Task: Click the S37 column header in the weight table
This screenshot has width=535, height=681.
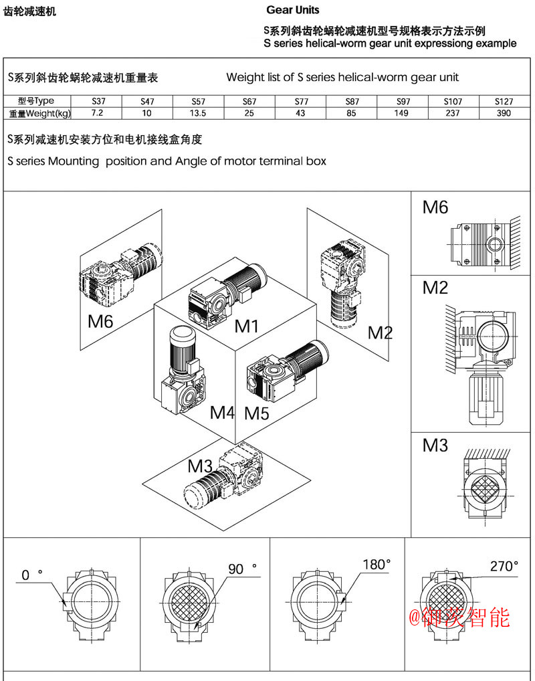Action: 98,102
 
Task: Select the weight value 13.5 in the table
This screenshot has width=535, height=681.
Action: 198,113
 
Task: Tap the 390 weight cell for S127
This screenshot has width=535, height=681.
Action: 504,113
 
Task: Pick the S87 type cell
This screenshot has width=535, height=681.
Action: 352,102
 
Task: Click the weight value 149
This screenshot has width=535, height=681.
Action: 402,113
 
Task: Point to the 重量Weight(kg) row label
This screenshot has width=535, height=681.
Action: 39,113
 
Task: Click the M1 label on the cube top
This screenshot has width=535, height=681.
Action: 246,326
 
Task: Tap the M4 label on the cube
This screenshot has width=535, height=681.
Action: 222,412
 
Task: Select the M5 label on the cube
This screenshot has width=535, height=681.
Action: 256,413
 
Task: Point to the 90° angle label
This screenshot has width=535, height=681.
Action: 243,569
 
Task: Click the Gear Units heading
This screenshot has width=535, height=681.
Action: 293,10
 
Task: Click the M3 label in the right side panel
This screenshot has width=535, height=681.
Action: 435,445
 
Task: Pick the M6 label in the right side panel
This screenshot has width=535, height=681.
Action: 435,207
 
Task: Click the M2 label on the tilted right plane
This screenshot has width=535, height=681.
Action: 380,332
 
